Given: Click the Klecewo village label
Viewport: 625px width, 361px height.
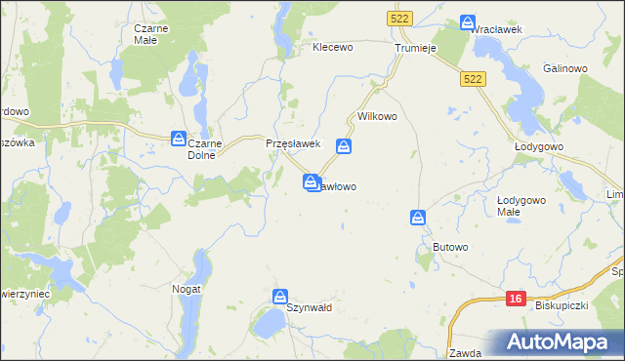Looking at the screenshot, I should click(x=332, y=46).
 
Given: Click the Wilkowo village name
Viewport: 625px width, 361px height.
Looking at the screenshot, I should click(x=378, y=116).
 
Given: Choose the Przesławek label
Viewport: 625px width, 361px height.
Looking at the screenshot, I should click(x=294, y=143).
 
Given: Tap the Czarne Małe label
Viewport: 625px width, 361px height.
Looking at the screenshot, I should click(x=151, y=34).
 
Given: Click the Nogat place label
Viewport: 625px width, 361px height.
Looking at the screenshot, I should click(x=187, y=289).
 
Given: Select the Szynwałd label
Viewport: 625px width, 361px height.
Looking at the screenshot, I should click(x=310, y=307).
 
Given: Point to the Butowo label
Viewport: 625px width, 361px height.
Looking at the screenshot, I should click(x=450, y=248).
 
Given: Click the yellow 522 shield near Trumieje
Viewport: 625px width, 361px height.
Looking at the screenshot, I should click(x=398, y=19).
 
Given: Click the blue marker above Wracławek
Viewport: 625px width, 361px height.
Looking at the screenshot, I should click(x=468, y=20).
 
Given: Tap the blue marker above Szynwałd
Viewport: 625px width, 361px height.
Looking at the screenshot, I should click(x=280, y=296).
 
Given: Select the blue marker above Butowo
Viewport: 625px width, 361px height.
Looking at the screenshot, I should click(x=418, y=217).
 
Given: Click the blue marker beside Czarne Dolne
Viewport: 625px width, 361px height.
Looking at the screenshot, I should click(x=179, y=138).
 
